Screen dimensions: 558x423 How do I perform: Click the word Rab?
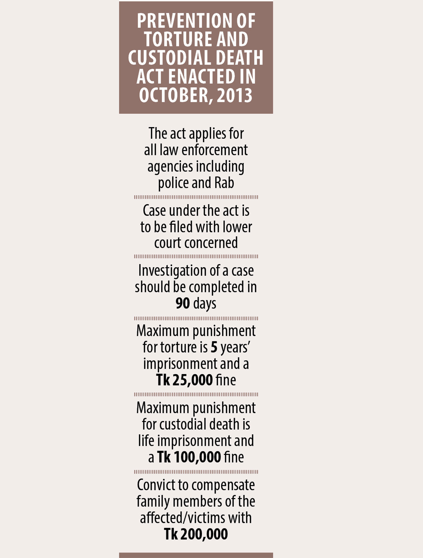[224, 183]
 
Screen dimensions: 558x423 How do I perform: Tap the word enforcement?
[215, 150]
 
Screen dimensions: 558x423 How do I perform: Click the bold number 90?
[183, 303]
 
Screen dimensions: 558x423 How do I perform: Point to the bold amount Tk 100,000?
[189, 457]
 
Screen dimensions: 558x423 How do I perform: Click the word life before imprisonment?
[146, 441]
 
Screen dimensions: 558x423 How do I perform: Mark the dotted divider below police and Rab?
[196, 197]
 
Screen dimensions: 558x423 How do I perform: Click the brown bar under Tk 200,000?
[196, 555]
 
